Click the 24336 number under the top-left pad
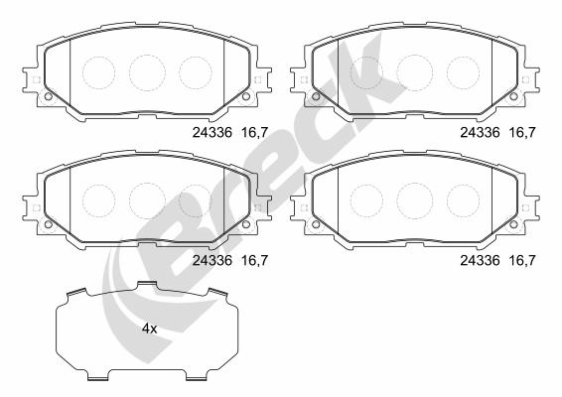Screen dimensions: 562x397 (212, 133)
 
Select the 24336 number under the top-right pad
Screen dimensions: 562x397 (480, 133)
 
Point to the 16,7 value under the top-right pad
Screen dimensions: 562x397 (522, 133)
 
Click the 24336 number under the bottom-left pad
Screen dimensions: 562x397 (212, 260)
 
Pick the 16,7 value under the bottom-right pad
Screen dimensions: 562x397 (522, 260)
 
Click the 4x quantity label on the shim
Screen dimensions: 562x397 (150, 329)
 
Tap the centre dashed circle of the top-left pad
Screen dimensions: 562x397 (147, 73)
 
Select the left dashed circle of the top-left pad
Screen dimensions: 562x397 (98, 72)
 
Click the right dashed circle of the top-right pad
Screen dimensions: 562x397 (463, 72)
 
